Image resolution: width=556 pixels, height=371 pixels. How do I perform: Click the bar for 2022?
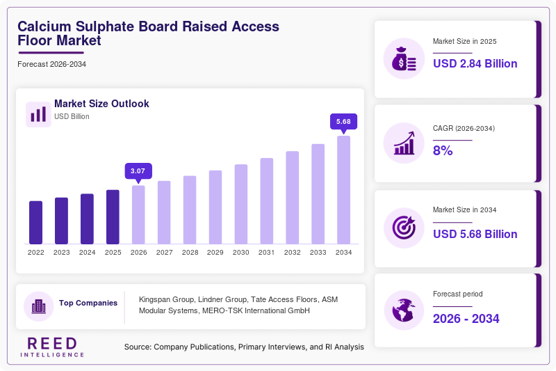point(36,223)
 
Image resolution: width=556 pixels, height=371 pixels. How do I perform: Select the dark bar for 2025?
point(113,217)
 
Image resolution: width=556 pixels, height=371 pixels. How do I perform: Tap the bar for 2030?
point(241,204)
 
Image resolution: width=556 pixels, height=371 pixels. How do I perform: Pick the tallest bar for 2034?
point(343,190)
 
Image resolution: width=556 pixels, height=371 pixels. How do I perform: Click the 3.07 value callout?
point(138,171)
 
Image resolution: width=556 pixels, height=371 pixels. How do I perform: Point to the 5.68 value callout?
point(343,122)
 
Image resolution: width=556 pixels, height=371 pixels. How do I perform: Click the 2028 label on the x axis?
point(190,253)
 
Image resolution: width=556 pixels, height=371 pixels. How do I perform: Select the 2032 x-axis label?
point(292,253)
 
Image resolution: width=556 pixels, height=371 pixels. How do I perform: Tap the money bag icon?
point(404,58)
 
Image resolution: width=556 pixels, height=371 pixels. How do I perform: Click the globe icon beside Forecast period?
point(404,310)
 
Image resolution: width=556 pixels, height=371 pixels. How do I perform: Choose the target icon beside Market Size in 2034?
point(404,228)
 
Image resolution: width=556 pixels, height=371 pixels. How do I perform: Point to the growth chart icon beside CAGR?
point(404,143)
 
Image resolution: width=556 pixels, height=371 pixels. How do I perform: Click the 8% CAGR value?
point(443,150)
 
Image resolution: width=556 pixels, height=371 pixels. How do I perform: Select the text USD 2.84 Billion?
point(475,63)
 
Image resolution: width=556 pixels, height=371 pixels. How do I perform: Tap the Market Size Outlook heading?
point(101,104)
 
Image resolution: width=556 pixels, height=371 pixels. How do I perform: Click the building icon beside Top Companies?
point(39,306)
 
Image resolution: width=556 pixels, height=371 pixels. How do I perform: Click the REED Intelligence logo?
point(52,347)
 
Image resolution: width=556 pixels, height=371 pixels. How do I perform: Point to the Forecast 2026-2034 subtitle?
point(51,64)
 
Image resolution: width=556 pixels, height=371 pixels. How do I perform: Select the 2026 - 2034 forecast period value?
point(466,319)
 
